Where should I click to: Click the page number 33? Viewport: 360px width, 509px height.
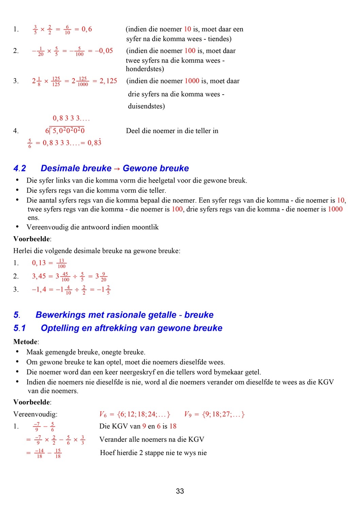click(180, 491)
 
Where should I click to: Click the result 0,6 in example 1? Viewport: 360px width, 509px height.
click(87, 29)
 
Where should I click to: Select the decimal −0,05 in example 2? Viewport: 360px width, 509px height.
click(104, 51)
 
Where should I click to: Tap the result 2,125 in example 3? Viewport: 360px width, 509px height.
click(108, 81)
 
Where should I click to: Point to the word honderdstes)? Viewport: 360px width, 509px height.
click(145, 69)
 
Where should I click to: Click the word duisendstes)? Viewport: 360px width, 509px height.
click(146, 106)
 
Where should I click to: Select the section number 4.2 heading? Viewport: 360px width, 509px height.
click(20, 168)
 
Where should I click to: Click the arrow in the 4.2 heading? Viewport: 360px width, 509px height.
click(117, 169)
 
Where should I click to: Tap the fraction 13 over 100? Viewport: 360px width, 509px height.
click(61, 263)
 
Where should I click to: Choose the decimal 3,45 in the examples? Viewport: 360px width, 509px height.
click(39, 276)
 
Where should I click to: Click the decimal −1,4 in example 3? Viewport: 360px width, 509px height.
click(39, 289)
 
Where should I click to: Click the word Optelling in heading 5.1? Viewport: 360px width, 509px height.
click(60, 328)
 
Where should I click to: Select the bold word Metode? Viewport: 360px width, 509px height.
click(25, 342)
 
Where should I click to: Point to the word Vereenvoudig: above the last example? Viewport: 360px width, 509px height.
click(35, 414)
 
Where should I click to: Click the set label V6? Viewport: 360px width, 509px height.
click(103, 414)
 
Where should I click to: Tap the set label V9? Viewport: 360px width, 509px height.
click(188, 414)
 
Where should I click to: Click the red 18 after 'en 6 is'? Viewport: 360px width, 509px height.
click(173, 426)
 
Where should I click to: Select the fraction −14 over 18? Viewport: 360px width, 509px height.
click(39, 453)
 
